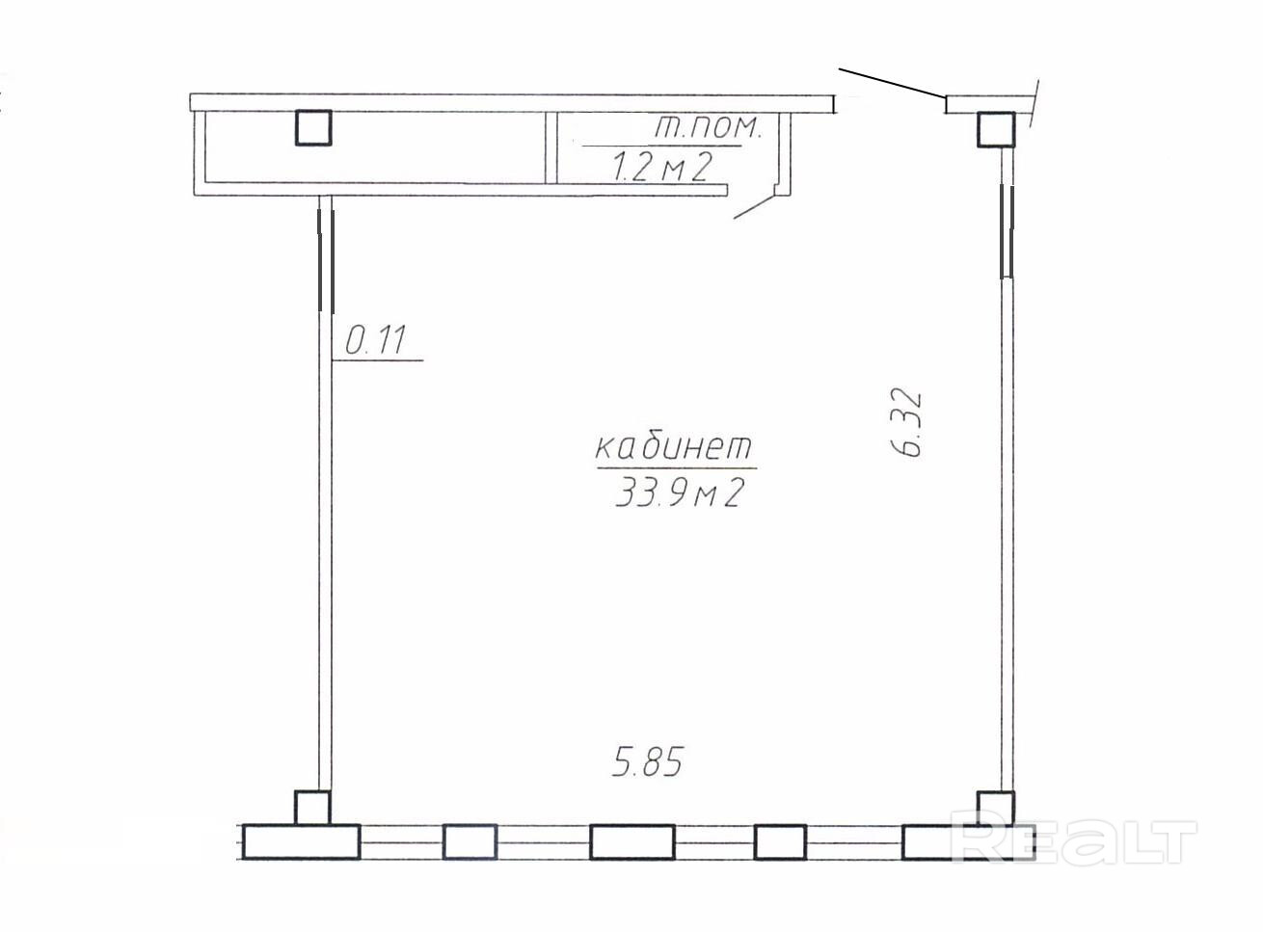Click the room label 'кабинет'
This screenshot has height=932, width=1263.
pos(674,447)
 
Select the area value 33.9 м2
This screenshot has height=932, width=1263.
pos(680,493)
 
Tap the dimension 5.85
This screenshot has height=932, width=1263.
pos(647,761)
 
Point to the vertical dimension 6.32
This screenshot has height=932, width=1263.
pos(907,423)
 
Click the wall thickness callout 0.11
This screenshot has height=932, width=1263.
pos(375,340)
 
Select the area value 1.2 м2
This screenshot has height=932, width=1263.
pos(662,168)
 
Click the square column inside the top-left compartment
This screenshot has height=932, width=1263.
pos(313,127)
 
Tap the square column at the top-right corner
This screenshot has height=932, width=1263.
pos(996,130)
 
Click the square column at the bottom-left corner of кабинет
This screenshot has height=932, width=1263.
pos(312,808)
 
